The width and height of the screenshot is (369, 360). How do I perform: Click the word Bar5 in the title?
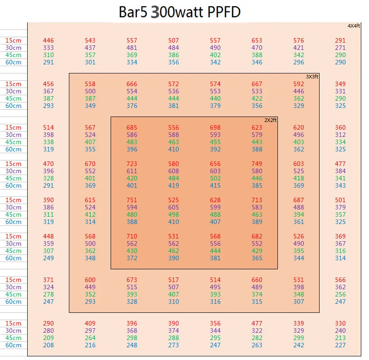click(x=133, y=12)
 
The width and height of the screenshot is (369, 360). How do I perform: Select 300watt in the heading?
click(x=177, y=12)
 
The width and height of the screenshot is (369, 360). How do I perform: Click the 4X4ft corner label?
click(x=354, y=26)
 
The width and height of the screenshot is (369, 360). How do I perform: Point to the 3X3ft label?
click(x=312, y=77)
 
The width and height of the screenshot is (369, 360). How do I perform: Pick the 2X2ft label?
click(x=270, y=120)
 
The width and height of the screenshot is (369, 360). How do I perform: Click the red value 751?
click(x=132, y=200)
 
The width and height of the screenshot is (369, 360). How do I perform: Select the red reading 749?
click(x=257, y=164)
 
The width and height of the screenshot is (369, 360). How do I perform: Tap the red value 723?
click(x=132, y=164)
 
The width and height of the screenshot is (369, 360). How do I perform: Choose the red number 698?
click(x=215, y=127)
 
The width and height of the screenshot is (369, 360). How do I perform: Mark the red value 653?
click(x=257, y=40)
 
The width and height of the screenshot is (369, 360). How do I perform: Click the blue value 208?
click(x=49, y=345)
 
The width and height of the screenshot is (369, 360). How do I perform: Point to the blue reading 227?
click(x=340, y=345)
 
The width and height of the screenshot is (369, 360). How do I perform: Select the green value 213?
click(x=340, y=338)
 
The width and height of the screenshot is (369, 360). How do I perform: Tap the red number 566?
click(x=340, y=280)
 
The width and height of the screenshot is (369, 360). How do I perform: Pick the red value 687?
click(x=298, y=200)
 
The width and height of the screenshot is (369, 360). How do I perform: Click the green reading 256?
click(x=340, y=294)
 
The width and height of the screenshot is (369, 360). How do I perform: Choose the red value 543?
click(x=90, y=40)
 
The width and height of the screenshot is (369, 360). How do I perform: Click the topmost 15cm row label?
click(x=14, y=40)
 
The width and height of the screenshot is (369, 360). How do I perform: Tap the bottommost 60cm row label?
click(x=14, y=345)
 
